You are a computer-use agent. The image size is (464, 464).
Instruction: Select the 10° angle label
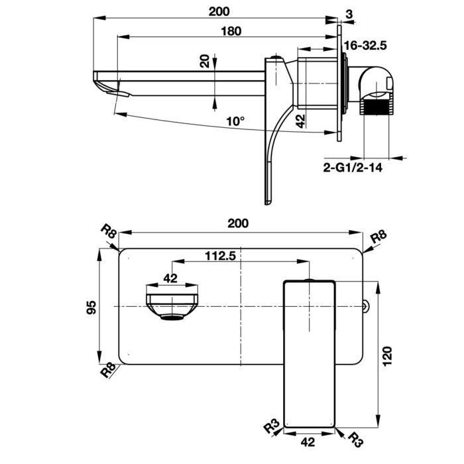pyautogui.click(x=235, y=121)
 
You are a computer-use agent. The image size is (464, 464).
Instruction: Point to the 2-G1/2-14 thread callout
pyautogui.click(x=353, y=168)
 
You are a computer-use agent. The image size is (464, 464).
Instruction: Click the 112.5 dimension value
pyautogui.click(x=221, y=257)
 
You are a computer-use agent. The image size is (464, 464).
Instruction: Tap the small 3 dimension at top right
pyautogui.click(x=349, y=13)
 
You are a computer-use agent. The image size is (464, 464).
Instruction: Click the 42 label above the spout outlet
pyautogui.click(x=171, y=278)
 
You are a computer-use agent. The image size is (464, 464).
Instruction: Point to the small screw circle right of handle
pyautogui.click(x=365, y=306)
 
